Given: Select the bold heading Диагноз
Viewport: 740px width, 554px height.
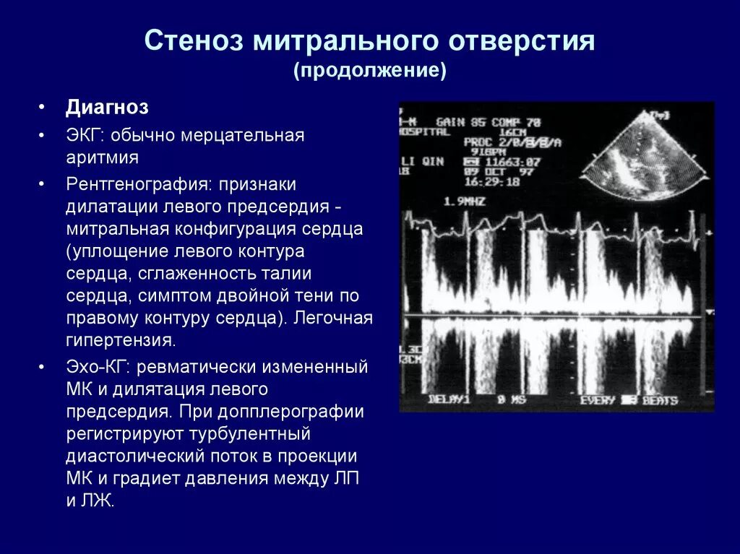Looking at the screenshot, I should coord(107,108).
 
